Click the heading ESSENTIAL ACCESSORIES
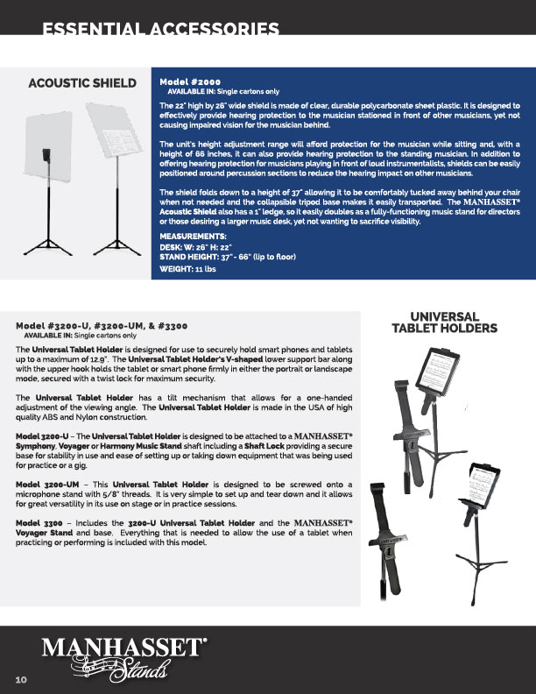pyautogui.click(x=161, y=30)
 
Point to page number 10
pyautogui.click(x=21, y=679)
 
